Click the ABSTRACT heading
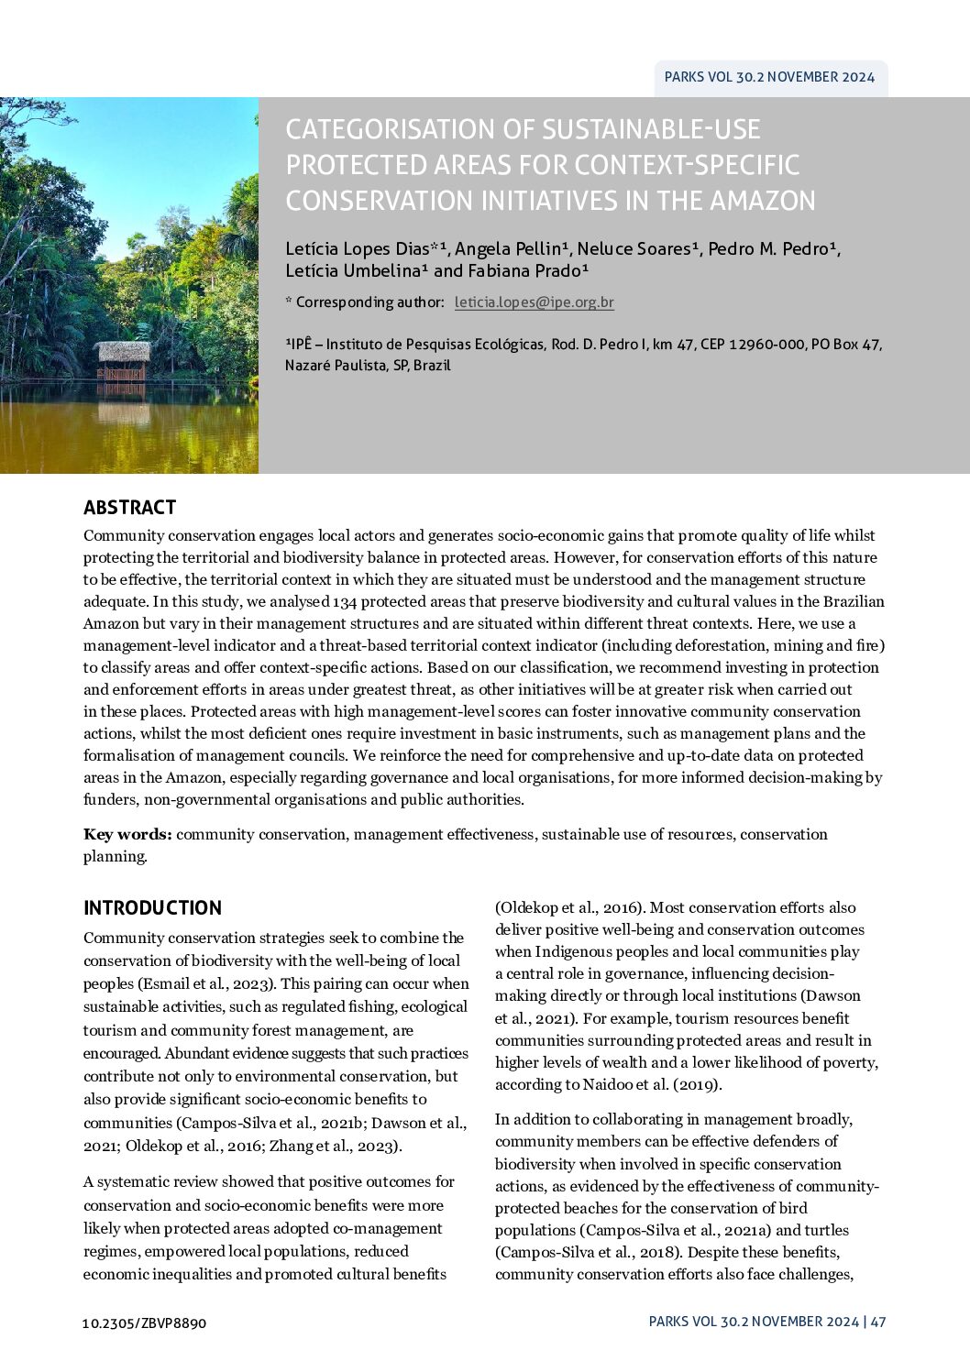(x=129, y=508)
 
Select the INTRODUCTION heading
(x=152, y=908)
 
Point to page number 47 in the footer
(x=878, y=1322)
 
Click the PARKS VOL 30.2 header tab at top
(x=769, y=77)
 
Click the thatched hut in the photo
(x=122, y=359)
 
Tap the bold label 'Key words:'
(x=127, y=834)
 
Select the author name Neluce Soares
(x=637, y=248)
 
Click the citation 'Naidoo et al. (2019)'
(x=653, y=1085)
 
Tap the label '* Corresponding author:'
(x=365, y=302)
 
